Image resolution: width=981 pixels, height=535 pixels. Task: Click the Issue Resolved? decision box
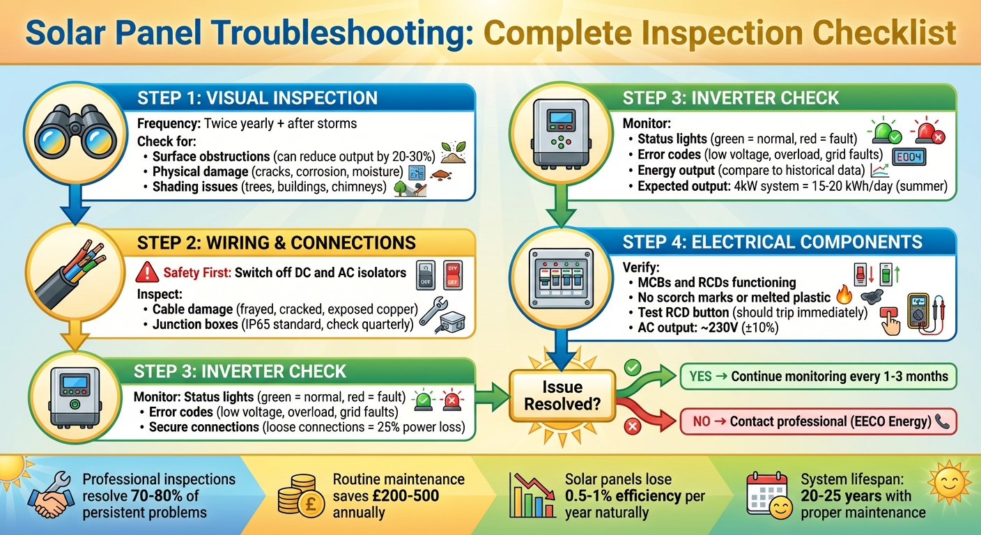coord(562,396)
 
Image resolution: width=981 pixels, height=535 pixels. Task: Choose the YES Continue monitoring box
coord(817,376)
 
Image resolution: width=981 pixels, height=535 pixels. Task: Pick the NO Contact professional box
coord(817,421)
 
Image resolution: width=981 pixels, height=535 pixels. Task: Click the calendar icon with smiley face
coord(768,495)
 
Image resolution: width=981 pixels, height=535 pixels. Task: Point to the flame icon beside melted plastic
coord(843,297)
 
